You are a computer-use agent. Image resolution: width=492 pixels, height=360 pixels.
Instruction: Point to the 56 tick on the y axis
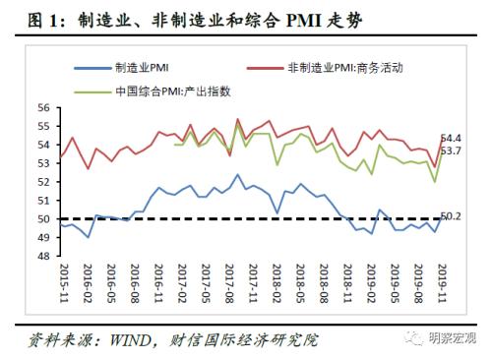coord(44,107)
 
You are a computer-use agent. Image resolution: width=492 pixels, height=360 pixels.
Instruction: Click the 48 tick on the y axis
coord(44,256)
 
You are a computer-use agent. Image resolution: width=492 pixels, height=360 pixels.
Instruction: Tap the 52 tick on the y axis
coord(44,182)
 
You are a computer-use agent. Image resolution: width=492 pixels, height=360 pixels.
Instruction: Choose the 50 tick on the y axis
coord(44,218)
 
